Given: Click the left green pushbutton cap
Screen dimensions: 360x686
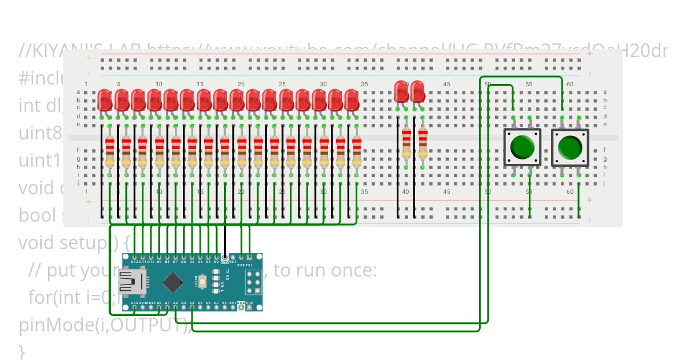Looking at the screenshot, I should (x=521, y=147).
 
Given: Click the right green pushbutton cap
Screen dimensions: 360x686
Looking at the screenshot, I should (x=569, y=147).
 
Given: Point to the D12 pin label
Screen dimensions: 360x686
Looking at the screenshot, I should (x=134, y=262).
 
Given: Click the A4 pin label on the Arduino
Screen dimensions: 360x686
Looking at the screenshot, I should (x=192, y=303).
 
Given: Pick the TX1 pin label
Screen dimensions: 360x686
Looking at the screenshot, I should (x=249, y=265).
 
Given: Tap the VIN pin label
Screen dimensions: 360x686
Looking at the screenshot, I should (x=249, y=303).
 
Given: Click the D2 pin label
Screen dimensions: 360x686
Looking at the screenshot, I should (x=217, y=262).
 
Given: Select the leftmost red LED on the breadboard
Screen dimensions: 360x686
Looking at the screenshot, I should (x=105, y=100).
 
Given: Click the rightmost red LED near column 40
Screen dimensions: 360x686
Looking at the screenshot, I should (x=418, y=91).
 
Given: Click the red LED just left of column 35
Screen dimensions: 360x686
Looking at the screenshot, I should (x=352, y=100).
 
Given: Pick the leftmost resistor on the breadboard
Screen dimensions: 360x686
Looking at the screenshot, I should (x=110, y=151).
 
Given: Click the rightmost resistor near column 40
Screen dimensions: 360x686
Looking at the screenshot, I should (x=422, y=143).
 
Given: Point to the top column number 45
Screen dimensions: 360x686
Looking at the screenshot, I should (x=446, y=85).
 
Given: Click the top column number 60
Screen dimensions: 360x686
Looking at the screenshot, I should (x=570, y=85).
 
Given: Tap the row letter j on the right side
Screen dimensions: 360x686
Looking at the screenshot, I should (x=605, y=183).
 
